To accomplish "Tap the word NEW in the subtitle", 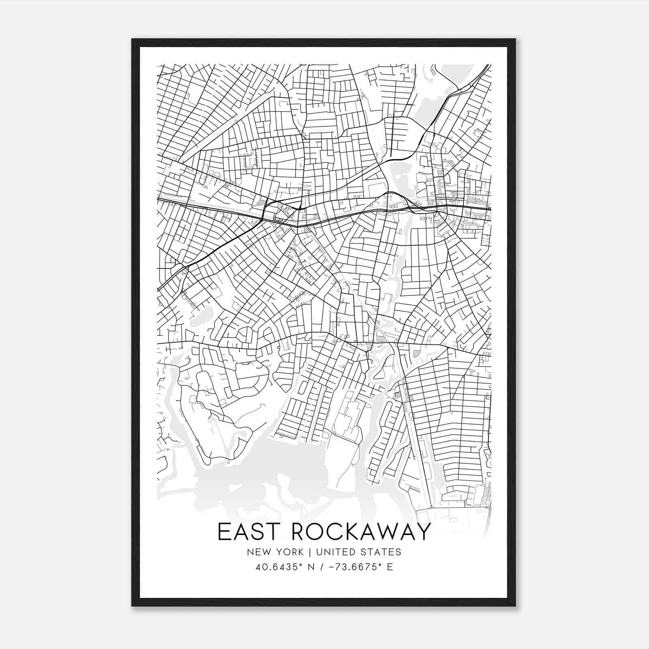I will tap(257, 552).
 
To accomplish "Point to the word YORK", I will tap(289, 552).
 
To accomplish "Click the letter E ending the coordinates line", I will tap(390, 567).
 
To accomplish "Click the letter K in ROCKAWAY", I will tap(348, 531).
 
